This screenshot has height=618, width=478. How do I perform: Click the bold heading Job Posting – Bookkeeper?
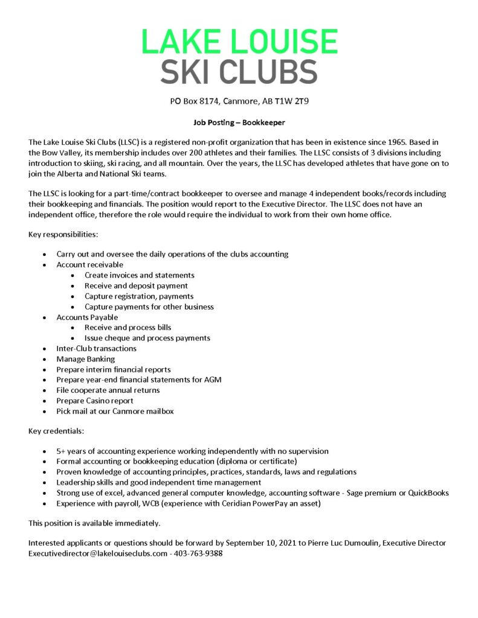point(239,122)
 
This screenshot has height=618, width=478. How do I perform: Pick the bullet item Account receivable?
point(89,264)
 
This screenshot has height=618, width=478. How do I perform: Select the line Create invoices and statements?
point(139,275)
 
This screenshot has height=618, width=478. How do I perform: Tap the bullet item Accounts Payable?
point(87,317)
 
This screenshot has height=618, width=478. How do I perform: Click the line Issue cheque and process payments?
point(147,338)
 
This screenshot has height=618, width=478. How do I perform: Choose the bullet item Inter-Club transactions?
point(96,348)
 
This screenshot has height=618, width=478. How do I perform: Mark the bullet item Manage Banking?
point(86,359)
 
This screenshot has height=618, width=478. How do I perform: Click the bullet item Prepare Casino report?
point(95,401)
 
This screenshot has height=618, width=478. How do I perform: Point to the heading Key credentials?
point(52,431)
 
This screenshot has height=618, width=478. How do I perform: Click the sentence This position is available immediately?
point(94,523)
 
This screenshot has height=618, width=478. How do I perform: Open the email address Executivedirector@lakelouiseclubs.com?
point(98,553)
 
